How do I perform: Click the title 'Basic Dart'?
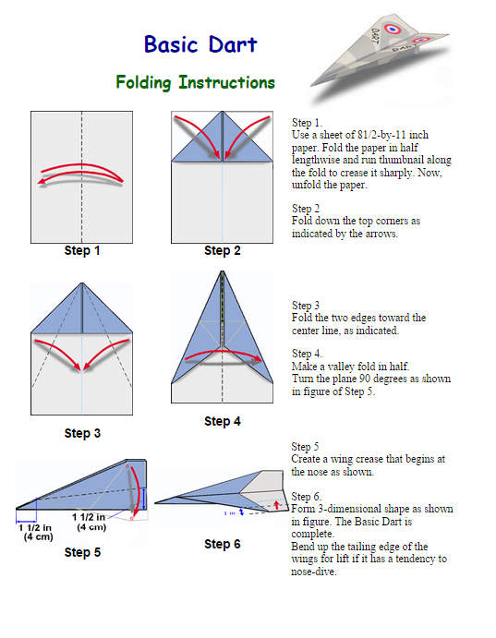200,44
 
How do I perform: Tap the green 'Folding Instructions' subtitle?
195,82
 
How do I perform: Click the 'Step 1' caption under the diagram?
82,250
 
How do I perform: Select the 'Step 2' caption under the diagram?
223,250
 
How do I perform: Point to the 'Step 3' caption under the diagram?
82,433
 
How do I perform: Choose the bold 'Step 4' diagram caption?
223,421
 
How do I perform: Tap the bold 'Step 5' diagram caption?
82,552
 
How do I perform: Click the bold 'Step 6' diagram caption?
223,544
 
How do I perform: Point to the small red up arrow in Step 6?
277,505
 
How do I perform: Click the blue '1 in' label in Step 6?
229,513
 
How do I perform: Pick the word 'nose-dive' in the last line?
314,572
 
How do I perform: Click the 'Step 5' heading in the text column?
305,447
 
